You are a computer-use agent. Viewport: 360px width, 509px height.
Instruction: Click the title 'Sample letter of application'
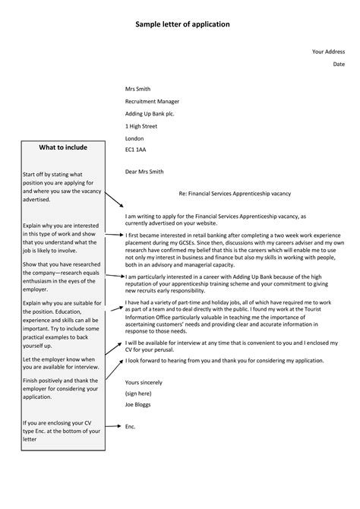182,24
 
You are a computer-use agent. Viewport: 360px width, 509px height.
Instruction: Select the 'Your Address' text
328,52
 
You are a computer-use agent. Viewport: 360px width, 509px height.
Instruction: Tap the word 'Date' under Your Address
339,65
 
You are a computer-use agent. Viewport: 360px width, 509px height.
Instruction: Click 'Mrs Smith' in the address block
137,89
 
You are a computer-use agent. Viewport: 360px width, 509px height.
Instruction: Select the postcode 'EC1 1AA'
136,150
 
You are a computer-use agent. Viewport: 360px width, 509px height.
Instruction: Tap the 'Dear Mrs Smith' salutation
144,172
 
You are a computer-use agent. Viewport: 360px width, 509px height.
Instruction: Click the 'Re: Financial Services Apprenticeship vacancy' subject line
235,194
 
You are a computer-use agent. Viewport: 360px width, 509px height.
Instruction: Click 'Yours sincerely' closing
143,382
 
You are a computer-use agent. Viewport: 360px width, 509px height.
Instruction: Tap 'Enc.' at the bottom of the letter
131,427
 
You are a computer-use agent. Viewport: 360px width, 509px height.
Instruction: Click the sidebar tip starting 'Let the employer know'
58,363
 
